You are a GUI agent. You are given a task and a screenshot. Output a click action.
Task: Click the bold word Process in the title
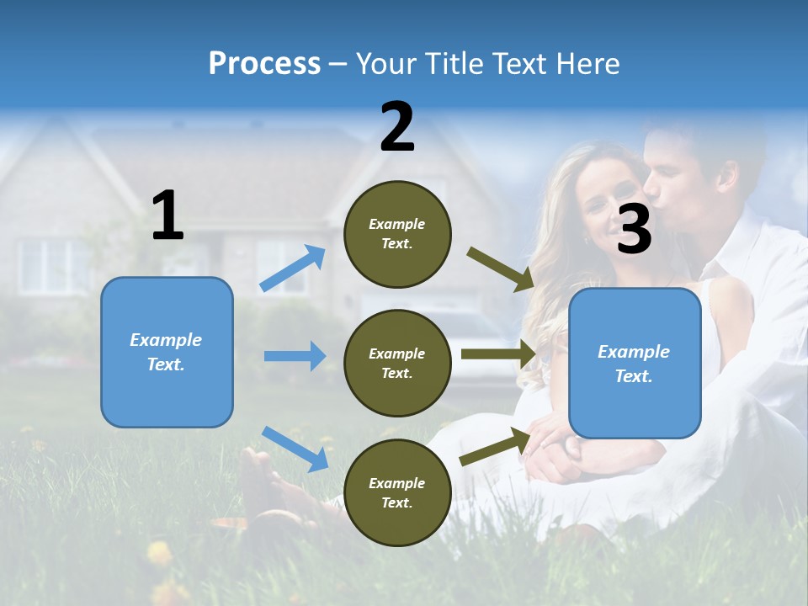[264, 64]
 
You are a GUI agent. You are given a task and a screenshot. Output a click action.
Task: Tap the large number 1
[167, 215]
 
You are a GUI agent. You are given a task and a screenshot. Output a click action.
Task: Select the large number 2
[397, 127]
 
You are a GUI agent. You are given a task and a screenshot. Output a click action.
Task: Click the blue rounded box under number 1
[167, 352]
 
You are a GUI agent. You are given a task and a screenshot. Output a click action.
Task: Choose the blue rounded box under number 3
[635, 363]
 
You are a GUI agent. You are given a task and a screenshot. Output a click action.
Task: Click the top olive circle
[397, 234]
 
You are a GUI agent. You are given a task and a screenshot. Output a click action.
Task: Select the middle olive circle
[397, 364]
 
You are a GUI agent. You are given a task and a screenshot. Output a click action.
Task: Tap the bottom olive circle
[397, 493]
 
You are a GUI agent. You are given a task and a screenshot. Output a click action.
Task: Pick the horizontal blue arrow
[295, 356]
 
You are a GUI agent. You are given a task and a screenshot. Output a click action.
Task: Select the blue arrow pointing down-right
[295, 449]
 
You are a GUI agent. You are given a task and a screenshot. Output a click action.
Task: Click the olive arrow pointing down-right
[500, 269]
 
